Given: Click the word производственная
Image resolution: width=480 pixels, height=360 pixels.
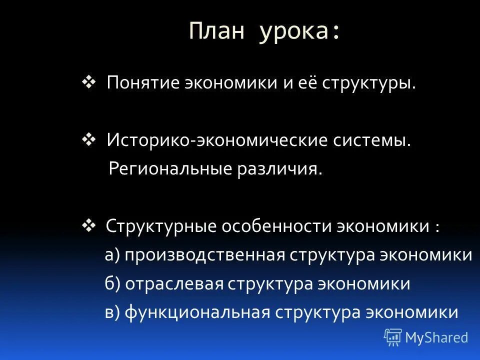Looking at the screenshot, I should (205, 255).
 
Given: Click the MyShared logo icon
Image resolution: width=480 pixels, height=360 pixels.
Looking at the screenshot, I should (393, 337).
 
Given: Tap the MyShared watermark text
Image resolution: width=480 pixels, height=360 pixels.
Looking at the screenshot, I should (437, 337).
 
